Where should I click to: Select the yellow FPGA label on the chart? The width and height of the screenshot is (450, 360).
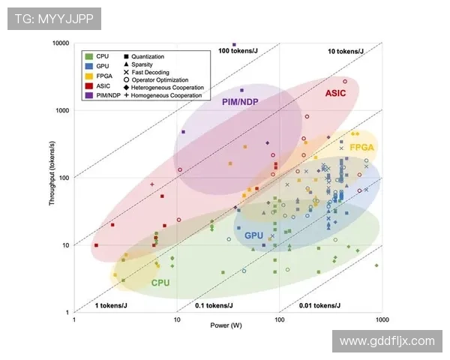(x=361, y=147)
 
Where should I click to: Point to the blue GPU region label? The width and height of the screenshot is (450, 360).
(x=253, y=235)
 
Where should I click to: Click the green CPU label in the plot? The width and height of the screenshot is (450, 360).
(x=160, y=283)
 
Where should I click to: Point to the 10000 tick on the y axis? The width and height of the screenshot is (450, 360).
(x=60, y=43)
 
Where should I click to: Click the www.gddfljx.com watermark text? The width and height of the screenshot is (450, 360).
(x=387, y=341)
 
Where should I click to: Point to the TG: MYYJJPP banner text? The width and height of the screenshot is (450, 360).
(x=53, y=18)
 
